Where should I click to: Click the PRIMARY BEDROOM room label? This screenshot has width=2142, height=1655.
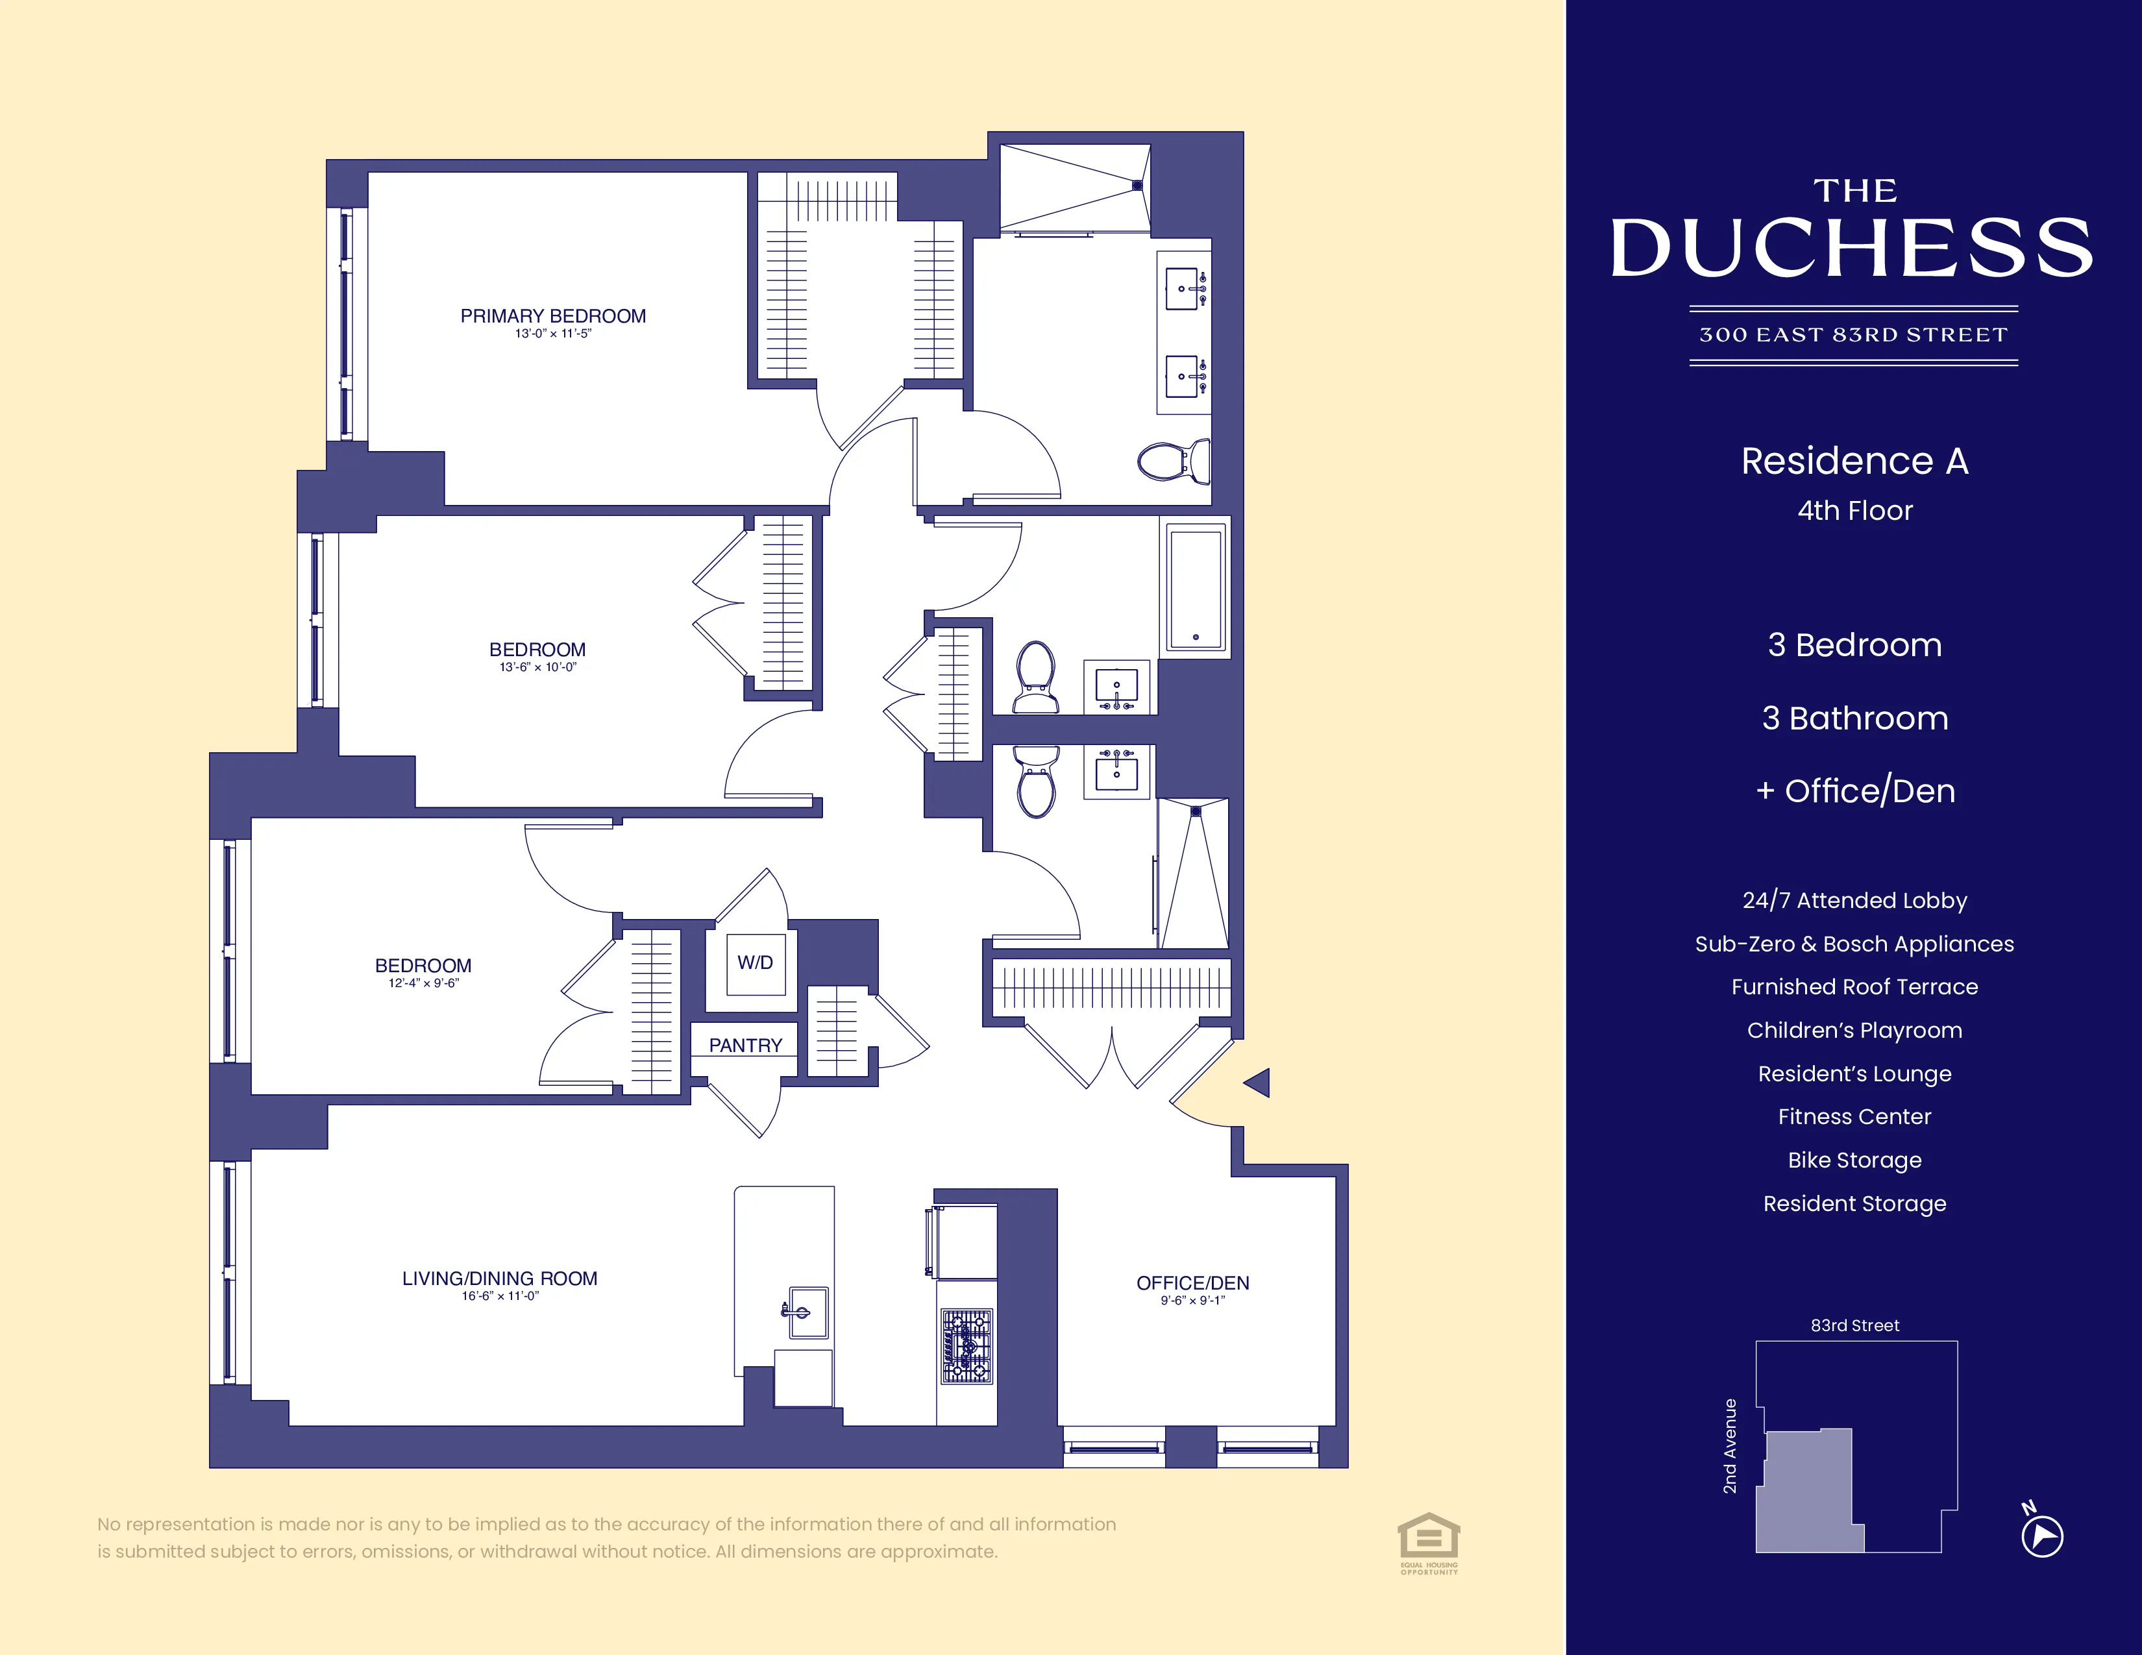[553, 315]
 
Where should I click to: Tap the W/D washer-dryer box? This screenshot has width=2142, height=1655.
[754, 962]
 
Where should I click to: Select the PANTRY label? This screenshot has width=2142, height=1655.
[745, 1045]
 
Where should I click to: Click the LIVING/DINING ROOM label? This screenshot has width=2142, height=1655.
[499, 1279]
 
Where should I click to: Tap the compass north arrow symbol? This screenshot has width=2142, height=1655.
[2042, 1536]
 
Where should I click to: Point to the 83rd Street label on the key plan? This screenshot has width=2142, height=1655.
[1854, 1325]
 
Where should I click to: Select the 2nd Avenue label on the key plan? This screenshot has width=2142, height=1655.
[1730, 1446]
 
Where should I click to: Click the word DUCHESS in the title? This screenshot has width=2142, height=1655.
[1853, 248]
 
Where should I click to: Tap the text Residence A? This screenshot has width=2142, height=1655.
[1854, 461]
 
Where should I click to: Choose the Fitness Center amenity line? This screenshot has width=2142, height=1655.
[1854, 1117]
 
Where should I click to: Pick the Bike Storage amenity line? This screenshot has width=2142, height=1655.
[1854, 1160]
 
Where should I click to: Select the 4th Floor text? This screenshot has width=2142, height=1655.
[1854, 511]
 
